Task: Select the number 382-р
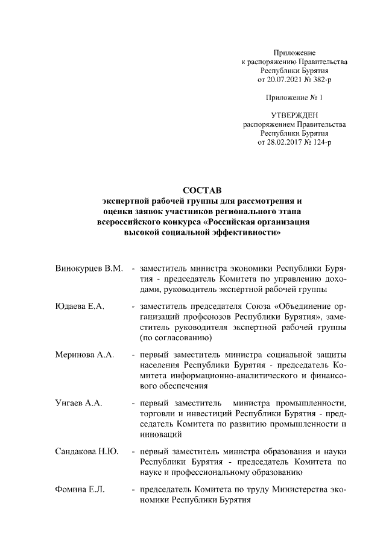318,79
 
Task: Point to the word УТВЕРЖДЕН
294,114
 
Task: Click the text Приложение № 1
294,97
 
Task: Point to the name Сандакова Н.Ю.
86,451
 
